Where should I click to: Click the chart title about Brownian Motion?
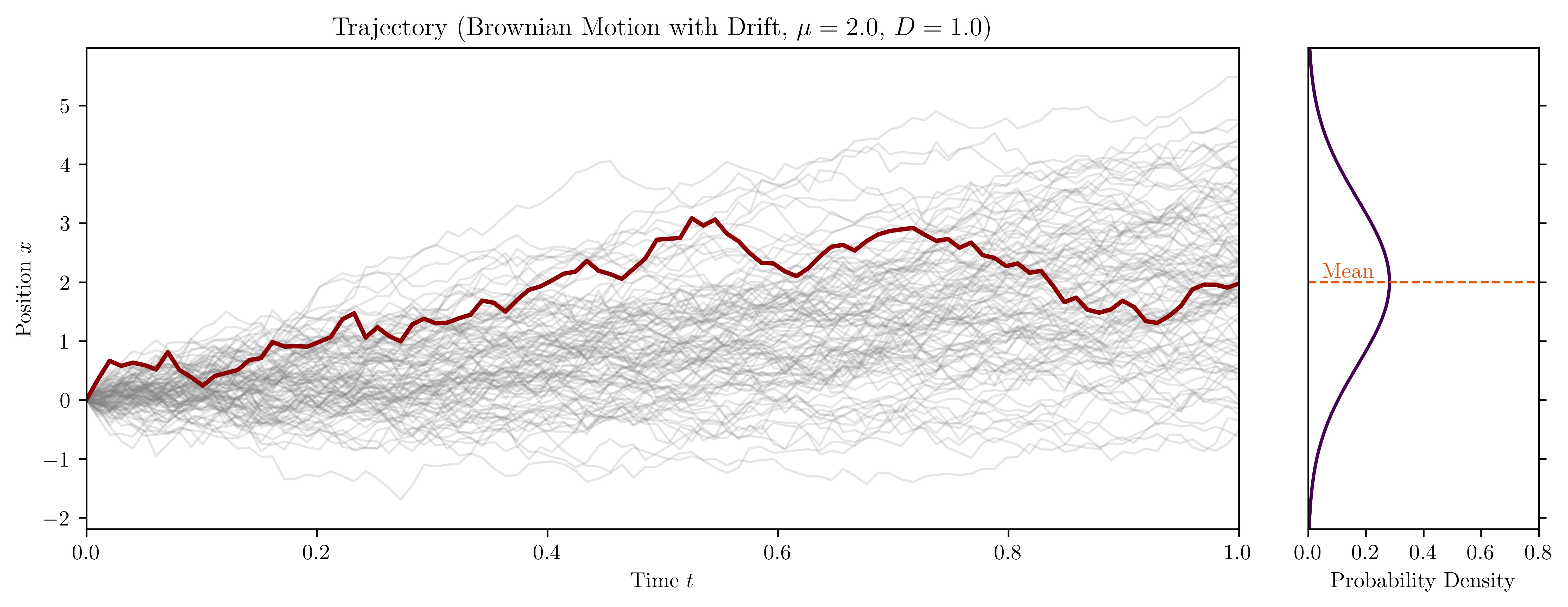click(662, 28)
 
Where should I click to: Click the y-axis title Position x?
click(24, 289)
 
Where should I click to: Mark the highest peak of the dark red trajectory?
click(692, 218)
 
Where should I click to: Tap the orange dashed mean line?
click(1461, 283)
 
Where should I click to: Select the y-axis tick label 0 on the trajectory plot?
click(65, 401)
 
